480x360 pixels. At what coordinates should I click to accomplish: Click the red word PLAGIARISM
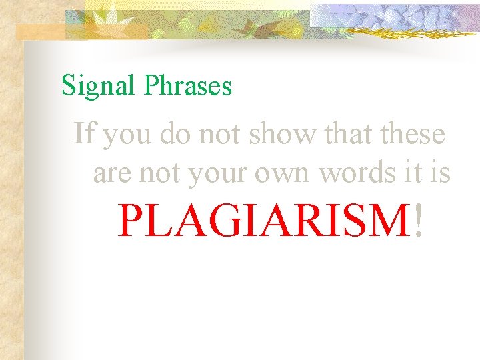[x=263, y=221]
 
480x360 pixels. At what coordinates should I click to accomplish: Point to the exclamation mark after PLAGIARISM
[x=418, y=221]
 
